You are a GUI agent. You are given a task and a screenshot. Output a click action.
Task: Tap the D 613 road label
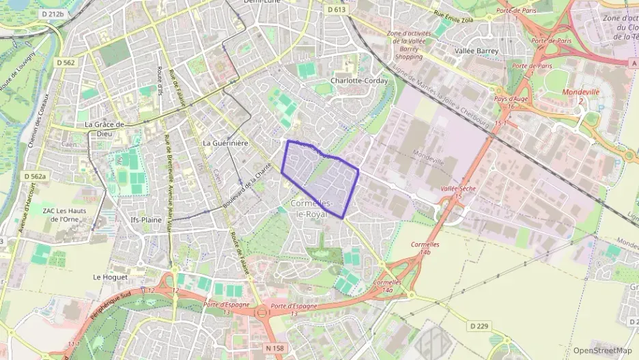[x=335, y=10]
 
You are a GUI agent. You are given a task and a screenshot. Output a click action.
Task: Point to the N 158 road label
[x=274, y=348]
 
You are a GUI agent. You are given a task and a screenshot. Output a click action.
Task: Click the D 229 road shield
[x=479, y=327]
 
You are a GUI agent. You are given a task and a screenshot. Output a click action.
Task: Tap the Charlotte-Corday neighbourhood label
[x=358, y=81]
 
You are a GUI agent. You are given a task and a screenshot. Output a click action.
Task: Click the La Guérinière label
[x=225, y=143]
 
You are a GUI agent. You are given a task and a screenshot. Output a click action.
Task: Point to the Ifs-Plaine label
[x=145, y=220]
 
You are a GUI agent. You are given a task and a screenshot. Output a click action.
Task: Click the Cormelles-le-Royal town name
[x=312, y=209]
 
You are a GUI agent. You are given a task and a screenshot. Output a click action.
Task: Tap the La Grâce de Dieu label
[x=104, y=129]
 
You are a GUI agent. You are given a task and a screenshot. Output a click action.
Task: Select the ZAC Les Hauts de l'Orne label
[x=63, y=214]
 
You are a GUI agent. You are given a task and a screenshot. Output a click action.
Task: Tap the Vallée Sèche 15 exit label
[x=457, y=192]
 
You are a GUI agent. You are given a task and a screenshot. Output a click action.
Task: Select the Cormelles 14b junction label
[x=425, y=248]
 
